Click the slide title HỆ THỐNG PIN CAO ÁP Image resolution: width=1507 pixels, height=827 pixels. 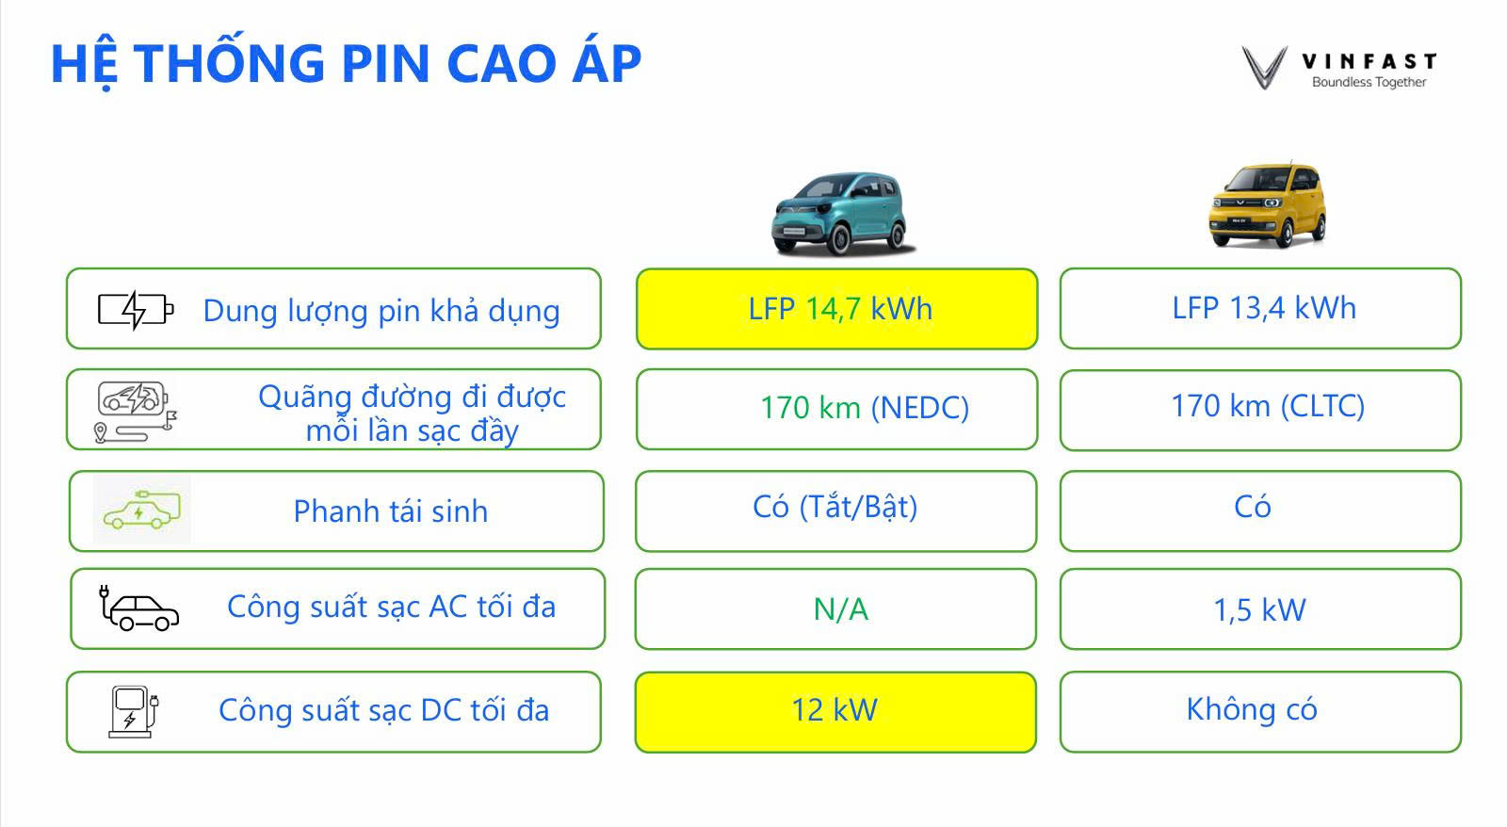click(x=347, y=63)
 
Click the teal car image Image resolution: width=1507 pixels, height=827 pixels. click(x=842, y=214)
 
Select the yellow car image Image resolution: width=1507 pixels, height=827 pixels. click(x=1268, y=205)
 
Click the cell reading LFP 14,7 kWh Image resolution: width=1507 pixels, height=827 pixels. click(x=837, y=309)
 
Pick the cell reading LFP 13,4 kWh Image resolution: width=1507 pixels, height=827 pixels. click(x=1261, y=309)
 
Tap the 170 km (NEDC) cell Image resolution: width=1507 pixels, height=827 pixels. click(x=837, y=409)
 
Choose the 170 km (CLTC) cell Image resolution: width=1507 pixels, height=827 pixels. click(x=1261, y=410)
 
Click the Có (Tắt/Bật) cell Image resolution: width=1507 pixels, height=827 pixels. click(x=836, y=511)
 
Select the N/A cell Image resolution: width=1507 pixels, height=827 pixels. click(x=836, y=609)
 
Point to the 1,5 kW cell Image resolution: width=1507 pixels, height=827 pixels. click(x=1261, y=609)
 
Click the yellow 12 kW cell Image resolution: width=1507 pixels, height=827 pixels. click(x=835, y=712)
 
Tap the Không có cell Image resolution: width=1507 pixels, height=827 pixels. click(x=1261, y=712)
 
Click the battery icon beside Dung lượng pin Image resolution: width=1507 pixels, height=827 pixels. click(x=136, y=310)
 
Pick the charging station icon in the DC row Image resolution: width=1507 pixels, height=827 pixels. click(x=133, y=712)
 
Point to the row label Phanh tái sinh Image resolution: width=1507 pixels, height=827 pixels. click(x=391, y=511)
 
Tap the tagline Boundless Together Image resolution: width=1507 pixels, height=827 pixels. click(x=1369, y=82)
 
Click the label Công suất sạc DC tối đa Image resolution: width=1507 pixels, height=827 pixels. click(x=384, y=710)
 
